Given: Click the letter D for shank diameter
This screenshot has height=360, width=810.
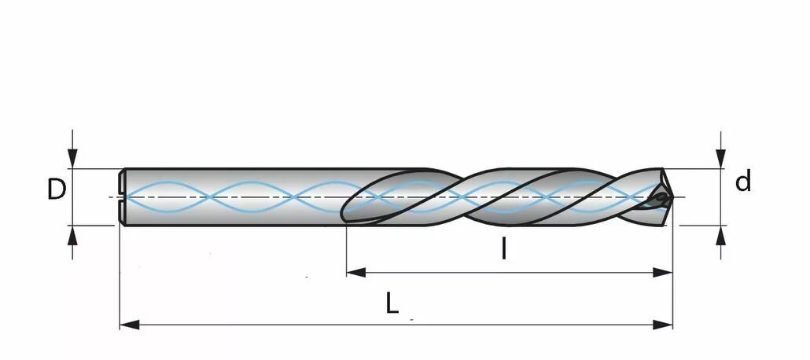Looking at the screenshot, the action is coord(57,190).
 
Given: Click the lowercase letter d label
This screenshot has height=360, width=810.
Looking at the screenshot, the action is coord(743,182).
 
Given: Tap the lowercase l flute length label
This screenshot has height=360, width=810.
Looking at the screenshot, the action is coord(503,248).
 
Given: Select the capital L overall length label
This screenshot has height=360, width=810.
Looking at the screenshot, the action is coord(392,303).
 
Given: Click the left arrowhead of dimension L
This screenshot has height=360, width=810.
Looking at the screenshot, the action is coord(130,325).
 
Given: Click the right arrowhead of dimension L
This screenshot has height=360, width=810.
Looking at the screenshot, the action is coord(663,325).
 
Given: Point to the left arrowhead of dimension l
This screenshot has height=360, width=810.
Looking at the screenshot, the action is coord(356,272).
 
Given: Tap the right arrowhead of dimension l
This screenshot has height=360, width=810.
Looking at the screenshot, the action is coord(663,272).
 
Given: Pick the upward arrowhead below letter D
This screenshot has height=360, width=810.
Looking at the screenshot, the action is coord(73,236).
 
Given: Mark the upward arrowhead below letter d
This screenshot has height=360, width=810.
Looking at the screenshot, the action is coord(720,236).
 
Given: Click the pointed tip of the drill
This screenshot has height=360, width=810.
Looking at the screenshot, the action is coord(672,197).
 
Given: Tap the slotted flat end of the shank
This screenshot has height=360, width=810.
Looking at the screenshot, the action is coord(122,197).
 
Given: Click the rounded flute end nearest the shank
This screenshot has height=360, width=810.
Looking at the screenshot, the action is coord(343,211).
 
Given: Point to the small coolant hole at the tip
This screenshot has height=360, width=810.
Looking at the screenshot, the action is coord(660,198).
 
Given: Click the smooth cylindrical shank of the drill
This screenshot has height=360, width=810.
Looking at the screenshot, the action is coord(233,197).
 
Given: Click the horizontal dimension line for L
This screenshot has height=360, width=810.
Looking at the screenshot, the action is coord(396,325).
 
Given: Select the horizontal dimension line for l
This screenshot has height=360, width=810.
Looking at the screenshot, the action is coord(510,272).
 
